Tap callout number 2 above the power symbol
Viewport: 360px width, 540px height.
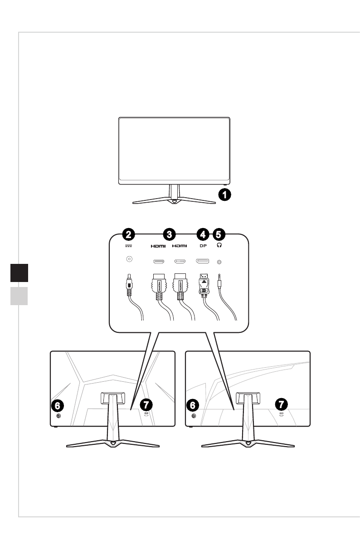click(129, 234)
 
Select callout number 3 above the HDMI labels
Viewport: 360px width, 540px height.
click(169, 234)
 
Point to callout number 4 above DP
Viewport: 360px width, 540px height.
click(202, 234)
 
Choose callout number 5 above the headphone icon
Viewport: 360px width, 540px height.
click(219, 234)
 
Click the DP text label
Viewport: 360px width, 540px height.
click(202, 246)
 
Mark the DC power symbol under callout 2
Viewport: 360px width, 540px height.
click(129, 246)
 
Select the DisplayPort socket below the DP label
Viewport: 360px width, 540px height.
click(202, 261)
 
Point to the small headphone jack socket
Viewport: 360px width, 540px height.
click(220, 262)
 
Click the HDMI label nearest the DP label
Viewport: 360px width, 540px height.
click(180, 246)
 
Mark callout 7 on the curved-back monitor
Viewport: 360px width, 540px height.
click(282, 404)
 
